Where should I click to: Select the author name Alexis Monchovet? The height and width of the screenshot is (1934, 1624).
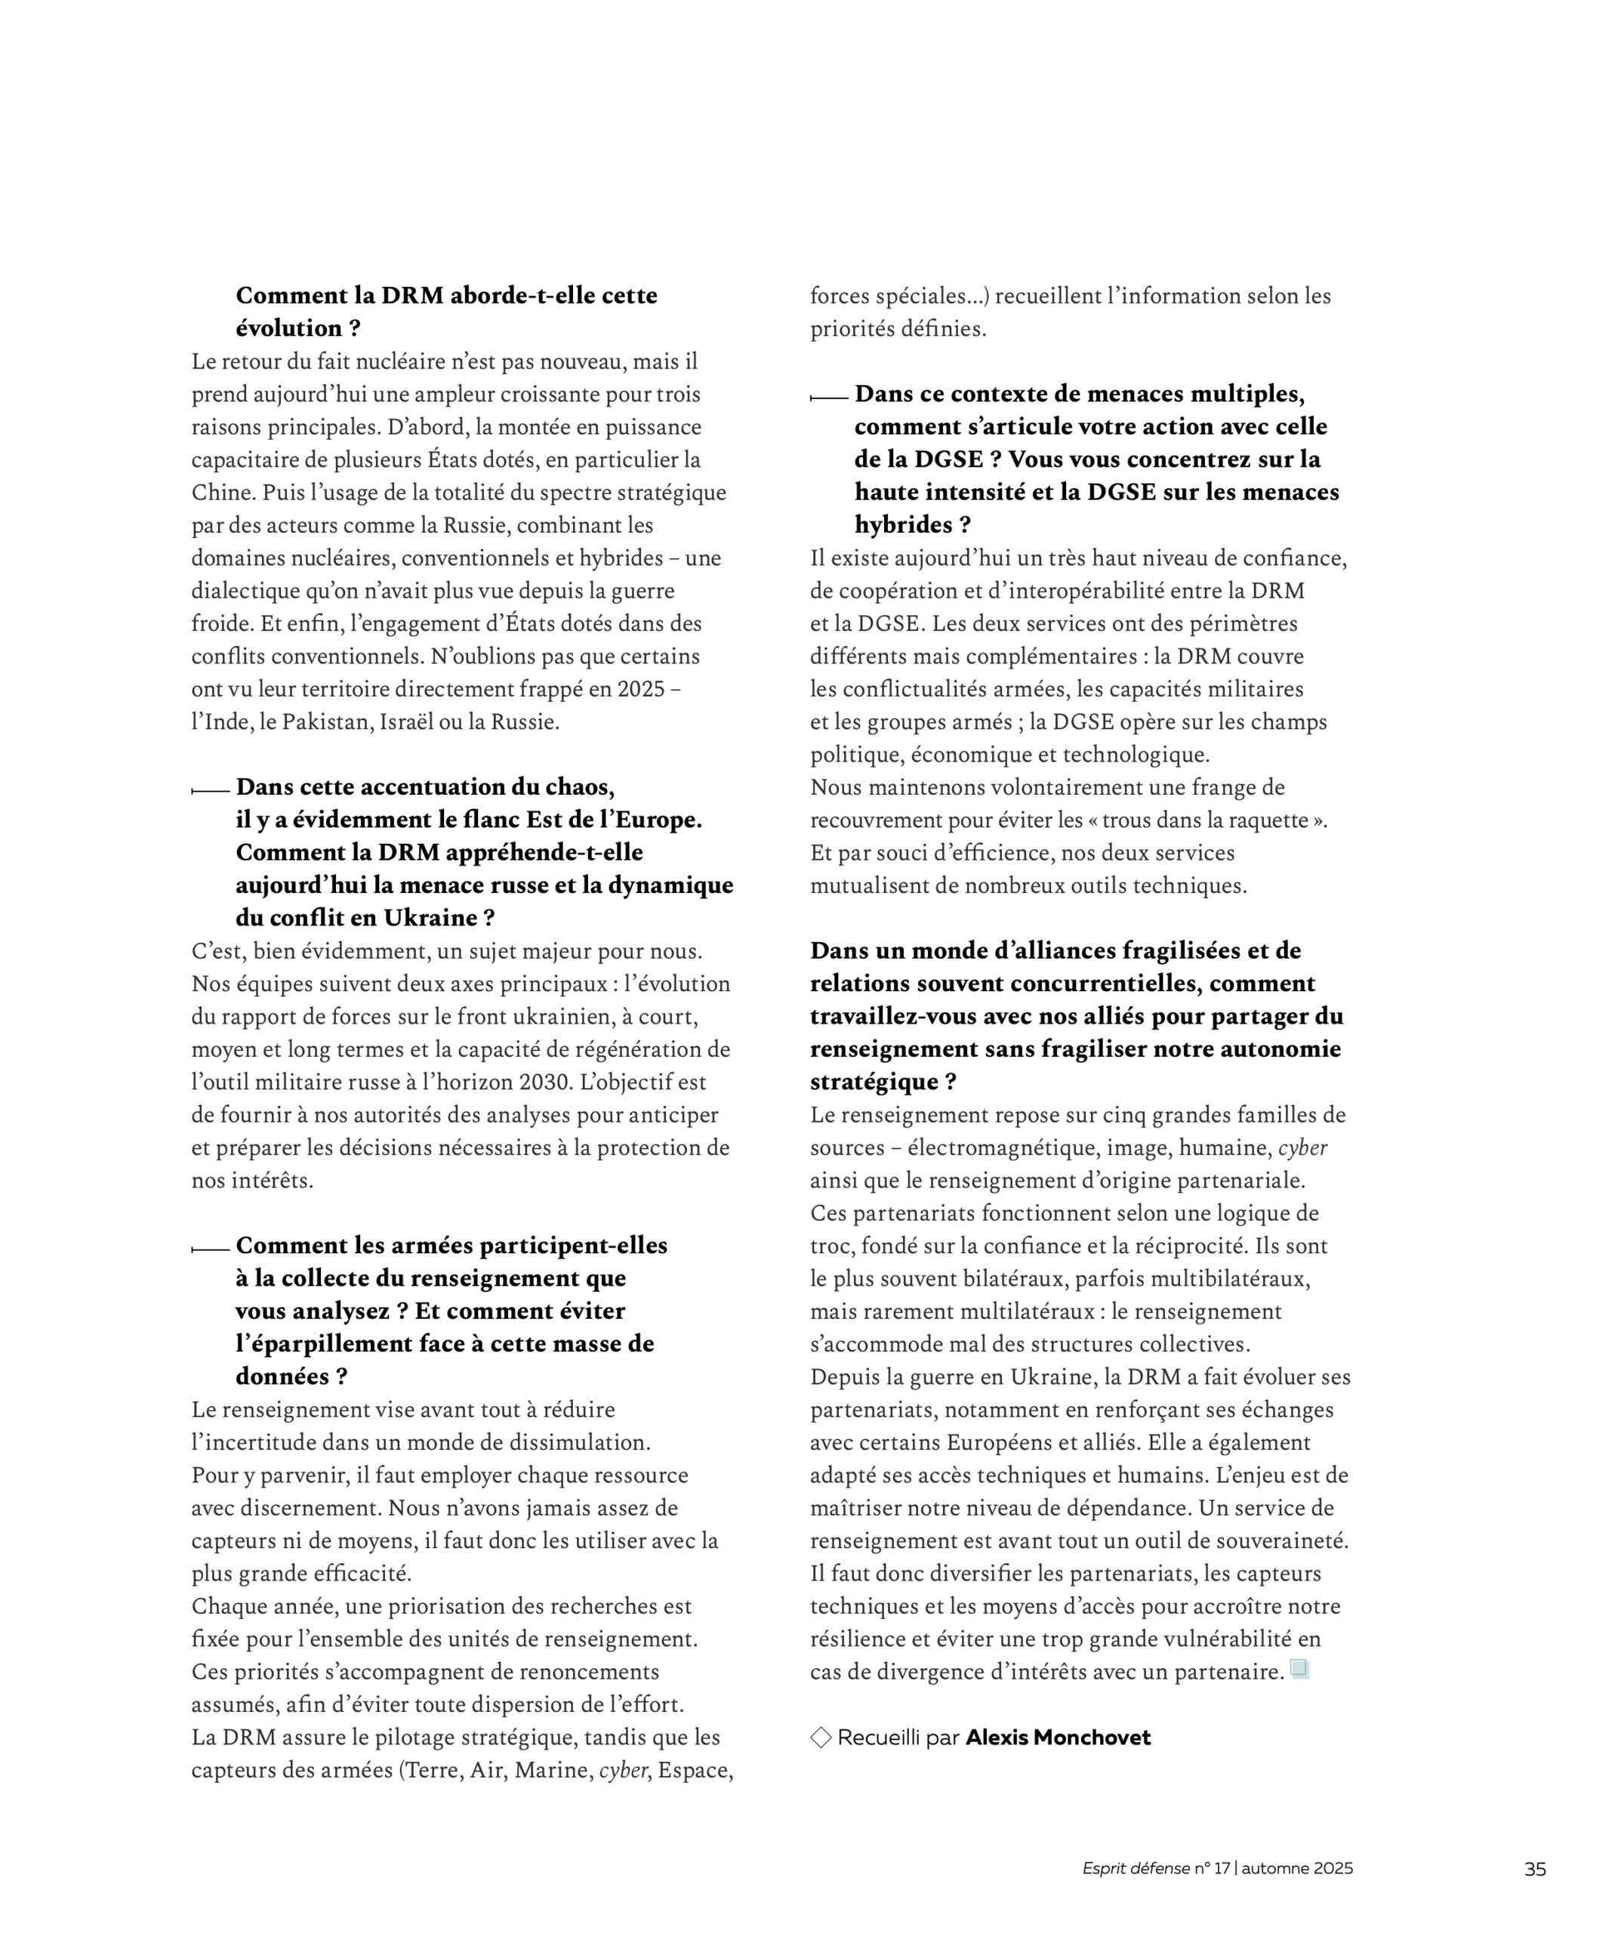(1058, 1738)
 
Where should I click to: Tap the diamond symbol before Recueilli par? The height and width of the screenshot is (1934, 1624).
(820, 1738)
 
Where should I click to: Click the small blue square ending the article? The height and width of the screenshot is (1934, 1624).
(1299, 1669)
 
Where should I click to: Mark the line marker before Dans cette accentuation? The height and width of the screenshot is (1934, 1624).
(210, 790)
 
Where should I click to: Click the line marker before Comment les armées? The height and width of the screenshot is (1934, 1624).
(210, 1249)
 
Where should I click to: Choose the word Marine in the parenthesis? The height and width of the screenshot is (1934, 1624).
(550, 1770)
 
